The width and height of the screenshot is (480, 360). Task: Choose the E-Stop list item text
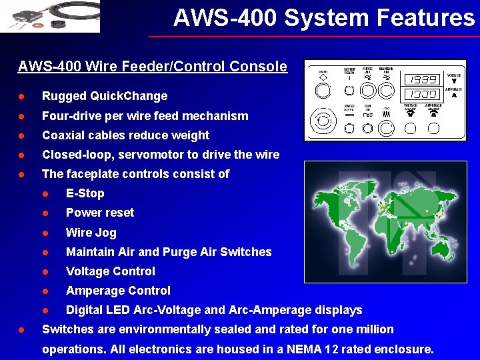85,193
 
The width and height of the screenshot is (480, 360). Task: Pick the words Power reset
99,213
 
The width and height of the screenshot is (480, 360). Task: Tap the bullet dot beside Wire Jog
46,233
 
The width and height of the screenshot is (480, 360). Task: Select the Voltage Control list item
110,271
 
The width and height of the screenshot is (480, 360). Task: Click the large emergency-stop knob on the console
323,120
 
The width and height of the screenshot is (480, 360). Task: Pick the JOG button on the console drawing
386,114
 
